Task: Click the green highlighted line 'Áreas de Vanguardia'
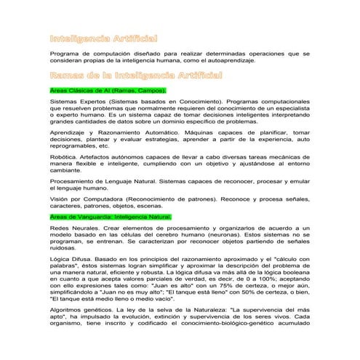click(111, 217)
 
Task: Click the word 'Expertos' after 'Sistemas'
click(90, 102)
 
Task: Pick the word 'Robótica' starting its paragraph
click(63, 156)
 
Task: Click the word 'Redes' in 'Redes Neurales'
click(61, 228)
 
